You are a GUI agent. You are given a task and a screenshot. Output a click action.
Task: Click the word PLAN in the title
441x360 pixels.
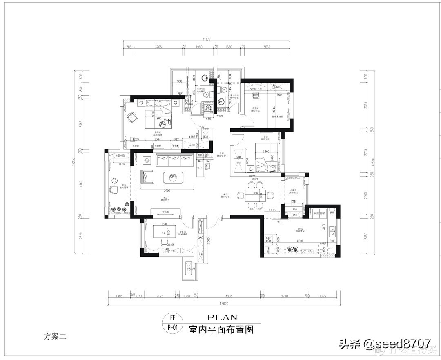(x=222, y=317)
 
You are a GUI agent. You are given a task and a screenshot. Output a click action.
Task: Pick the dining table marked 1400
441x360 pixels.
(x=256, y=194)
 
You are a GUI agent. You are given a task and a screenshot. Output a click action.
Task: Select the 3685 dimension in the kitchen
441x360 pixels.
(x=302, y=241)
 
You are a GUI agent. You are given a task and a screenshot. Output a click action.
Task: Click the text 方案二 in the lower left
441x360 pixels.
(x=55, y=337)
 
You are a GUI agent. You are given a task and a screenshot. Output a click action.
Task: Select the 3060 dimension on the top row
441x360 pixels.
(x=267, y=47)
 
